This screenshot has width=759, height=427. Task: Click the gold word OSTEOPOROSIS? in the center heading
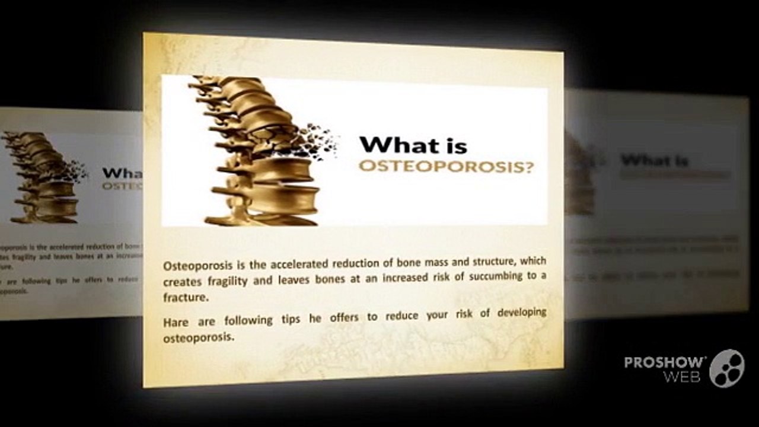pos(445,167)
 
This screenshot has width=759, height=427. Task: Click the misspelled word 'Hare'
pos(176,322)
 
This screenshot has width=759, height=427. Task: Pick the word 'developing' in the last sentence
pos(521,313)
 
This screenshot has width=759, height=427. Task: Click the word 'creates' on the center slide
pos(183,282)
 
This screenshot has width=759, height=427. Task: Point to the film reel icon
pos(726,368)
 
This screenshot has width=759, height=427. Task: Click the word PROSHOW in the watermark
pos(665,363)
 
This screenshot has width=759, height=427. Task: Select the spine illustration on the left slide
pos(44,178)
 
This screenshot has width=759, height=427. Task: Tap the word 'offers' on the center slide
pos(340,318)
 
